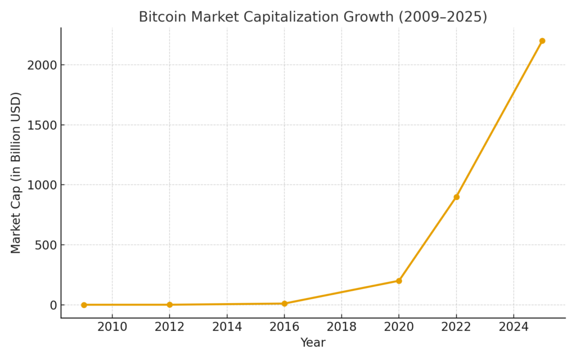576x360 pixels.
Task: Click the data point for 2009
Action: [x=84, y=305]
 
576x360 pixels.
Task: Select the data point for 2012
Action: [x=169, y=305]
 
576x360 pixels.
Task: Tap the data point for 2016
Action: [x=284, y=304]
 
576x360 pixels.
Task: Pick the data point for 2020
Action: [x=399, y=281]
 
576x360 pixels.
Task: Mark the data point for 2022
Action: [x=456, y=197]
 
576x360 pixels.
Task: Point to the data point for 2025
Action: [x=542, y=41]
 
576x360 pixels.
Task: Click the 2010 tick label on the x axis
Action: [x=112, y=327]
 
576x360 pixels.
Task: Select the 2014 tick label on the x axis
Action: [x=227, y=327]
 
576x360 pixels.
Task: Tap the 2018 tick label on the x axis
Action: [x=341, y=327]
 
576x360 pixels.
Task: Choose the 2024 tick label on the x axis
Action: [x=514, y=327]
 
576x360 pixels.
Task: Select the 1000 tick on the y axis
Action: [x=43, y=185]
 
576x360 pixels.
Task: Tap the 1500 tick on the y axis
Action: [x=43, y=125]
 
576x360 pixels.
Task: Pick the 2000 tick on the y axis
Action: [x=43, y=65]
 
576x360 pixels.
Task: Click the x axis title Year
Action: [x=313, y=343]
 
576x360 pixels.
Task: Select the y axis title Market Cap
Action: [x=16, y=173]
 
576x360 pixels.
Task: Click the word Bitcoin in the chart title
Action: [x=159, y=17]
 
